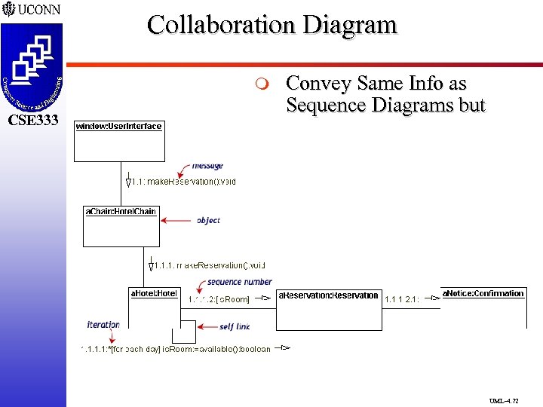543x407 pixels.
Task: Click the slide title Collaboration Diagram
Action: (x=271, y=25)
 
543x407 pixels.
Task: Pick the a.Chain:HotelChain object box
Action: (x=121, y=226)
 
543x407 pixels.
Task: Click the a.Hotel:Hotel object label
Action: (x=154, y=293)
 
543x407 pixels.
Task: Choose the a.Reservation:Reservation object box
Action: (x=328, y=309)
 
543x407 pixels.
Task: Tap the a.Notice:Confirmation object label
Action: (x=483, y=293)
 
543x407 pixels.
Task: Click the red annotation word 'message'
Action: (x=207, y=166)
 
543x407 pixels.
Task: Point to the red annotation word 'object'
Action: (x=208, y=220)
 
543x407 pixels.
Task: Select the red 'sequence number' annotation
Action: (x=240, y=282)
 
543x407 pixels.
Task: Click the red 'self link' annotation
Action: (x=235, y=326)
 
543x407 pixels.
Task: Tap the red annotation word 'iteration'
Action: (x=103, y=325)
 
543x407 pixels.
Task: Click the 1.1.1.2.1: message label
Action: (x=401, y=299)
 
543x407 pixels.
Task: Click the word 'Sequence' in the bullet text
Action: (x=321, y=105)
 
